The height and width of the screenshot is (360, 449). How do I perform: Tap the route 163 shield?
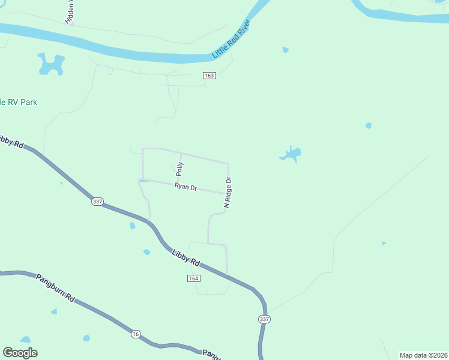coord(209,76)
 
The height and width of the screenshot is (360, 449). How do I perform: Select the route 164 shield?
coord(193,278)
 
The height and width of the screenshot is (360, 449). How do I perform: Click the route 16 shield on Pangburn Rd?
coord(136,334)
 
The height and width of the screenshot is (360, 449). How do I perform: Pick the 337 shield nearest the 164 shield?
coord(264,319)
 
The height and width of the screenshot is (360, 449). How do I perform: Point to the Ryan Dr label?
coord(186,187)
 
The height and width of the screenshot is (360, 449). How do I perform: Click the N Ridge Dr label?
coord(228,193)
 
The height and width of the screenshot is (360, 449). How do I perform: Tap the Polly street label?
coord(179,169)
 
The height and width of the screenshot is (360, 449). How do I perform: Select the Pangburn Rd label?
coord(54,288)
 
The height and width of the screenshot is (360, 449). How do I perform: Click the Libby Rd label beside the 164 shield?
coord(185,258)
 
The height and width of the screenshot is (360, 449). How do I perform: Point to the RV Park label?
coord(19,102)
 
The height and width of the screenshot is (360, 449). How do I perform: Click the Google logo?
coord(20,353)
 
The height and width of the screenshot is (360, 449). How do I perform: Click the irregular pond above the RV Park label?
coord(51,64)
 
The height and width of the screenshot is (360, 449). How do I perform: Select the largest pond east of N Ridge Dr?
coord(291,154)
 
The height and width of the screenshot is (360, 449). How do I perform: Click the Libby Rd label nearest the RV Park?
coord(11,141)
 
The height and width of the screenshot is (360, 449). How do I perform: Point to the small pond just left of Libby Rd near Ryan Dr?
coord(132,226)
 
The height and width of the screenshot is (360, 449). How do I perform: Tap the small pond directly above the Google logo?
coord(25,340)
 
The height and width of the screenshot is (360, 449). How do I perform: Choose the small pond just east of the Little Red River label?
coord(285,49)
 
